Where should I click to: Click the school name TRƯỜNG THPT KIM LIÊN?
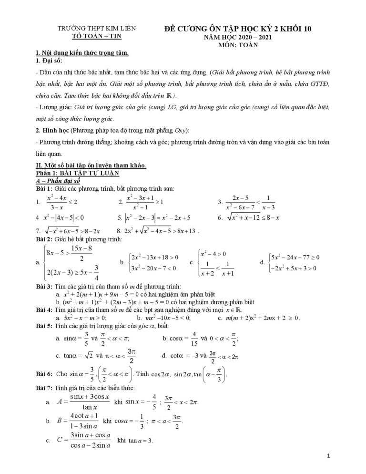(97, 29)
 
